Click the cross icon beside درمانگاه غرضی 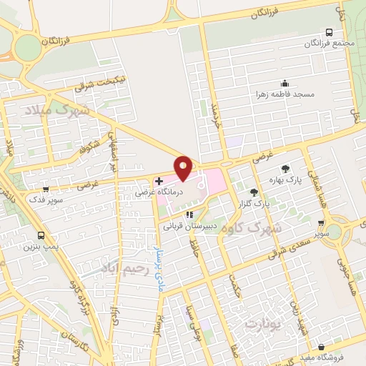[158, 182]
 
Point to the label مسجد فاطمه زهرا [286, 94]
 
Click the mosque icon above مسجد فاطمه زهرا [285, 83]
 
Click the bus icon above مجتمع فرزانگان [328, 32]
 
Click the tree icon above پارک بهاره [286, 169]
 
